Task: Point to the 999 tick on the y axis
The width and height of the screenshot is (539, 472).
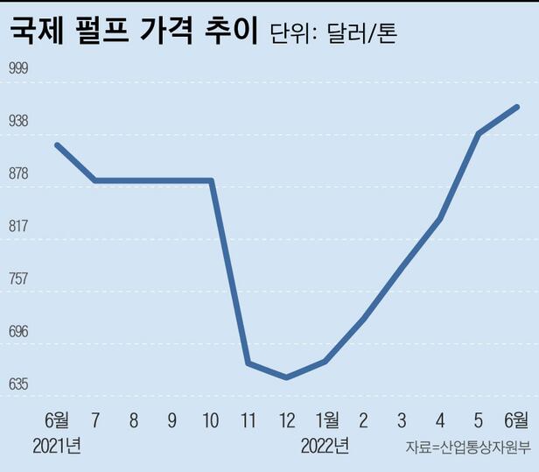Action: pyautogui.click(x=19, y=68)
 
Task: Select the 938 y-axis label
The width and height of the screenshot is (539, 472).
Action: pyautogui.click(x=19, y=121)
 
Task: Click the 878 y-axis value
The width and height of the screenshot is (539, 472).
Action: pyautogui.click(x=19, y=173)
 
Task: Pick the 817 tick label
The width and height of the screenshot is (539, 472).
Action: pyautogui.click(x=19, y=226)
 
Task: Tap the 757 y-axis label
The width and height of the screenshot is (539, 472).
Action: pyautogui.click(x=19, y=278)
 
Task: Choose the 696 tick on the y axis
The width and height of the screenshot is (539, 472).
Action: pyautogui.click(x=19, y=331)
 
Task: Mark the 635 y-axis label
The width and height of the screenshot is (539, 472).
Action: pyautogui.click(x=19, y=384)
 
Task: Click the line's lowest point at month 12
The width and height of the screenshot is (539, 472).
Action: pyautogui.click(x=286, y=377)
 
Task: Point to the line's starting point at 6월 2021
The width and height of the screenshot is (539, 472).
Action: pyautogui.click(x=57, y=144)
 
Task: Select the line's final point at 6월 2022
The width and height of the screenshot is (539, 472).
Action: pyautogui.click(x=518, y=107)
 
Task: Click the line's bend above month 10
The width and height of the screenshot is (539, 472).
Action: pyautogui.click(x=211, y=180)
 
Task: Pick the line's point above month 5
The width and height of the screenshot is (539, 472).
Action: pyautogui.click(x=478, y=133)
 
